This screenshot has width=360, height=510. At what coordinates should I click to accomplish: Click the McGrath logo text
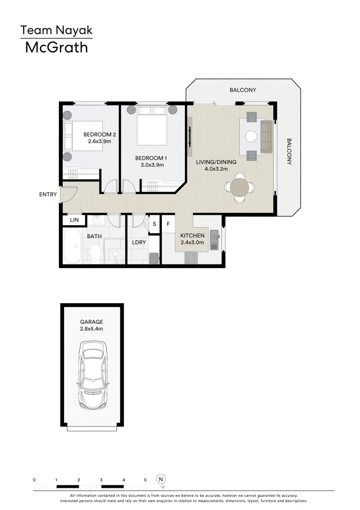click(56, 47)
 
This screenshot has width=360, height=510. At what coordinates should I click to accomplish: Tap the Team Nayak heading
click(56, 31)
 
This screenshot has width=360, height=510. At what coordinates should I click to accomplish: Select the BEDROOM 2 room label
click(100, 134)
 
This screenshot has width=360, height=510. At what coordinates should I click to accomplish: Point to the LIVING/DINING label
click(216, 162)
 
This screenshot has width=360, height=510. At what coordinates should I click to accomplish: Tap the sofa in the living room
click(267, 136)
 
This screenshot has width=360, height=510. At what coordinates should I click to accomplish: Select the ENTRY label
click(48, 195)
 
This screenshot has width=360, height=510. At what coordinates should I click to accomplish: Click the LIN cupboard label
click(74, 220)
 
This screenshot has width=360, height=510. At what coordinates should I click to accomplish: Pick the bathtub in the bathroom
click(72, 246)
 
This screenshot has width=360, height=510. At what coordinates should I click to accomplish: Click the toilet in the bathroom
click(95, 253)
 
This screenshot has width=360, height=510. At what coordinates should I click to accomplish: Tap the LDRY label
click(139, 242)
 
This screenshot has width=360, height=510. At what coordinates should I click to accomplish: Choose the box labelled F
click(168, 224)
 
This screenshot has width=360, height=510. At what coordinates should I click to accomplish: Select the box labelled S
click(154, 224)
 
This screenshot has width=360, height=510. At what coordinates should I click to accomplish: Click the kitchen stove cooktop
click(191, 257)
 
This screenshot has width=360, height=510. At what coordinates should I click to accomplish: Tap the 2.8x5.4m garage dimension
click(92, 329)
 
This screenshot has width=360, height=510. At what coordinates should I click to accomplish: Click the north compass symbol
click(161, 479)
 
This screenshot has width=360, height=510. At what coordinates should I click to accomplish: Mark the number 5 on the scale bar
click(145, 479)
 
